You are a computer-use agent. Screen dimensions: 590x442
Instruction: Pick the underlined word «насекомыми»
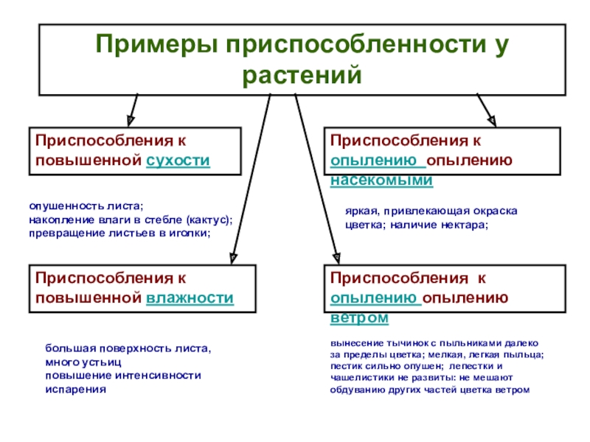[381, 179]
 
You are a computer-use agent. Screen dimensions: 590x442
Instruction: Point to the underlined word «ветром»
[359, 317]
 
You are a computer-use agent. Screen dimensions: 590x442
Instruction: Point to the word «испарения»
[75, 390]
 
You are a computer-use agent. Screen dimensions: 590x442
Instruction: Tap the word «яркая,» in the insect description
[361, 211]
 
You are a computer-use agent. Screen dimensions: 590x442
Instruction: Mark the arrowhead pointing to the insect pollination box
[491, 118]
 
